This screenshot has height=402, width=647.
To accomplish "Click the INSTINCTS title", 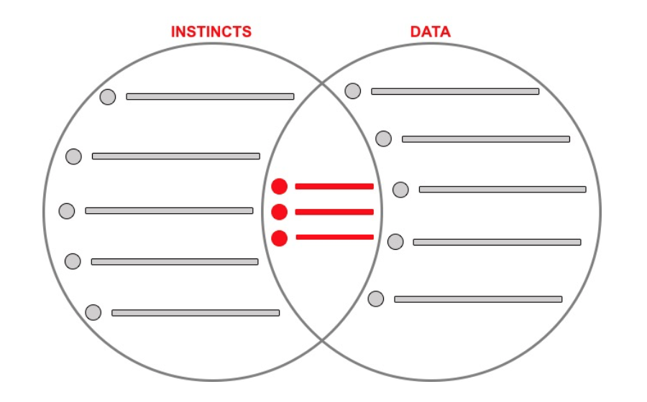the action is coord(211,32).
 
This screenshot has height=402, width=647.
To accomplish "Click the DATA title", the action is coord(431,32).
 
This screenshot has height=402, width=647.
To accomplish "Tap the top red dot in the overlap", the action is coord(280,187).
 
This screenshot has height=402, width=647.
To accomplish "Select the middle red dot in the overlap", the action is coord(280,212).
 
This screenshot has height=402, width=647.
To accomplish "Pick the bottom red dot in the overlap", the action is coord(280,238).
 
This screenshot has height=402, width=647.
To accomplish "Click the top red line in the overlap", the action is coord(334,187).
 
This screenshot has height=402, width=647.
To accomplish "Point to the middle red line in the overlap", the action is coord(334,212).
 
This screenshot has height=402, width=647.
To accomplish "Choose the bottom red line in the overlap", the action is coord(334,237).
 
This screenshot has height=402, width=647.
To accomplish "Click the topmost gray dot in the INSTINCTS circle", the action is coord(108,97).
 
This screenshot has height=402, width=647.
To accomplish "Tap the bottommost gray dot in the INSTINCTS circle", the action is coord(93,312).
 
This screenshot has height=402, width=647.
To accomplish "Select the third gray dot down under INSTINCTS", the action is coord(67,211).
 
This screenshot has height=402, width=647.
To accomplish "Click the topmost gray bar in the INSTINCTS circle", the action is coord(210,96).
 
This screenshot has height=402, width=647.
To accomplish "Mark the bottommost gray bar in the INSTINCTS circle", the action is coord(196,313).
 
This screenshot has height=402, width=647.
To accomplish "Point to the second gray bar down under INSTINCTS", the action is coord(176,156).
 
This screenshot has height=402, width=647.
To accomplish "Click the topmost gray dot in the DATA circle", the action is coord(352,91).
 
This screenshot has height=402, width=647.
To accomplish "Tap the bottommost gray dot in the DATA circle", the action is coord(376,299).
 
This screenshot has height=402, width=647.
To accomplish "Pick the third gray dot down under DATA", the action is coord(400,190).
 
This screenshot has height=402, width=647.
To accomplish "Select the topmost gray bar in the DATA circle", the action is coord(455,91).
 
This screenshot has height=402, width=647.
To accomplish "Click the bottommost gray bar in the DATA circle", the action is coord(478,299).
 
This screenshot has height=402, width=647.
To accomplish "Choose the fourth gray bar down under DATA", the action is coord(497,242).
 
